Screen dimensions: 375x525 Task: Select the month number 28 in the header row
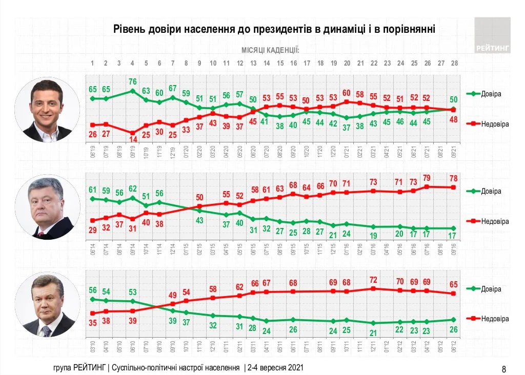point(454,63)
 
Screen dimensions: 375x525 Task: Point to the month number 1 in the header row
point(92,63)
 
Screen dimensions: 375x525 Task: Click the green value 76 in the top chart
point(132,81)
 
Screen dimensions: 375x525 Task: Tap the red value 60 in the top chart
point(347,92)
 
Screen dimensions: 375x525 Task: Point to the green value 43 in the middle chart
point(199,220)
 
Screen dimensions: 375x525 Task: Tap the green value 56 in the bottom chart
point(92,289)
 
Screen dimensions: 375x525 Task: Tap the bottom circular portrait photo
point(47,304)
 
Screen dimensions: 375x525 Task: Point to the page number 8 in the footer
point(503,368)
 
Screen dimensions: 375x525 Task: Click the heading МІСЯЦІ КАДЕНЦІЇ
point(270,50)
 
